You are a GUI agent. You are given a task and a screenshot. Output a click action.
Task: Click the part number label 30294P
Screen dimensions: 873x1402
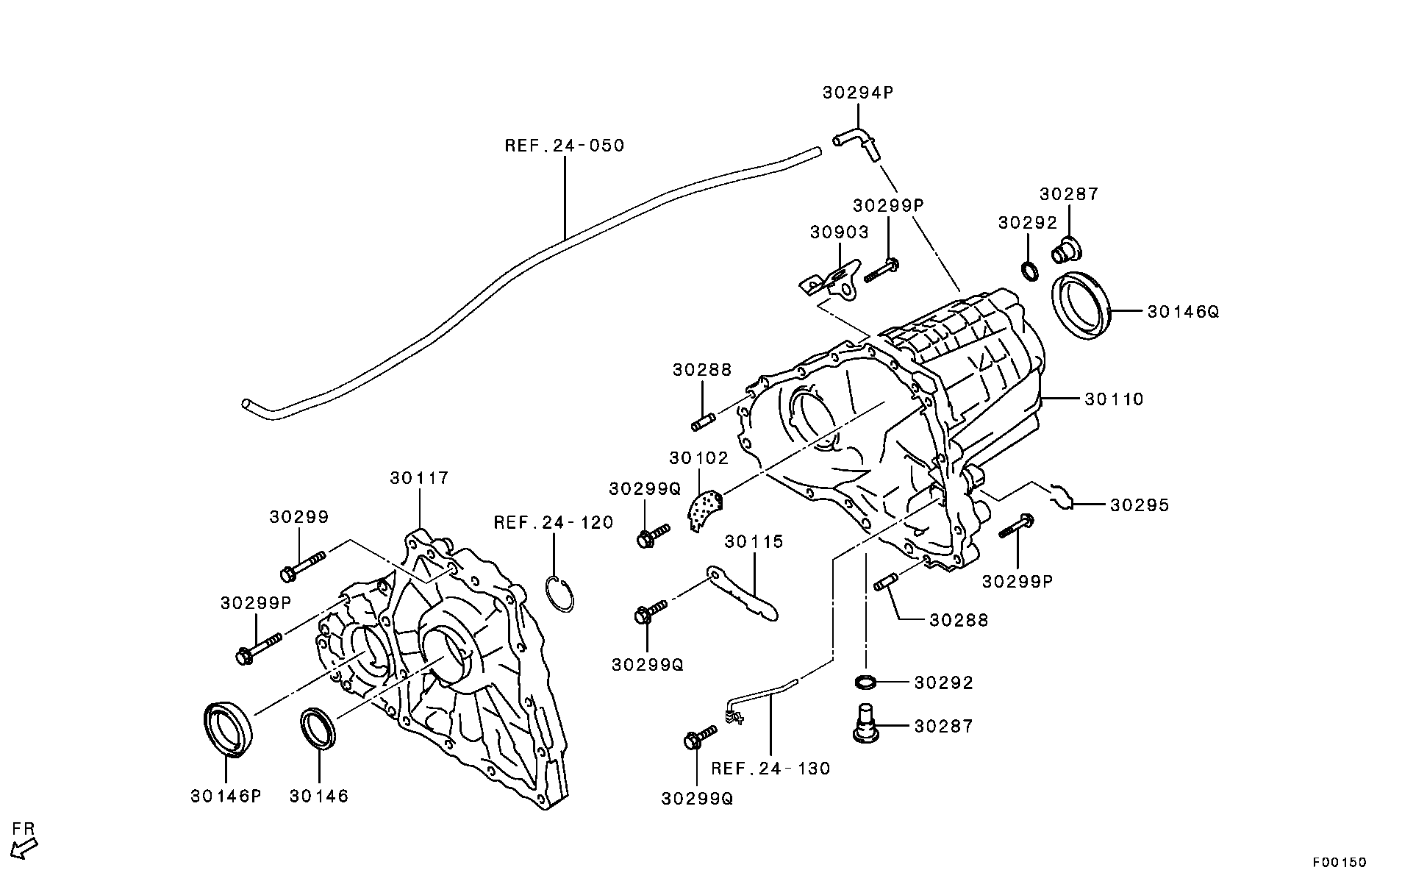[x=857, y=93]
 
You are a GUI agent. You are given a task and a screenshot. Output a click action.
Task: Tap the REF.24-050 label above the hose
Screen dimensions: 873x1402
[x=564, y=146]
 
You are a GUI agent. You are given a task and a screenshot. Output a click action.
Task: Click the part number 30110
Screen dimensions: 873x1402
[x=1114, y=399]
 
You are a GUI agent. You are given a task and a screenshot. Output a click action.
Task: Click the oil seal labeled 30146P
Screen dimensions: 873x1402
[x=228, y=729]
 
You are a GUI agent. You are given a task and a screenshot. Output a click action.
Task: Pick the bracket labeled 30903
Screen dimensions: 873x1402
[x=832, y=282]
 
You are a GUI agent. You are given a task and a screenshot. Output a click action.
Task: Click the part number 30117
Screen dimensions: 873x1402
[x=419, y=478]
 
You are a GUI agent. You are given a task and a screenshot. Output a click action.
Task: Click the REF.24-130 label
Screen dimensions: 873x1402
[x=770, y=769]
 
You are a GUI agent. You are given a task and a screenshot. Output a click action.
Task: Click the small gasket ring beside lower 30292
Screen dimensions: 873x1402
[x=866, y=682]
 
